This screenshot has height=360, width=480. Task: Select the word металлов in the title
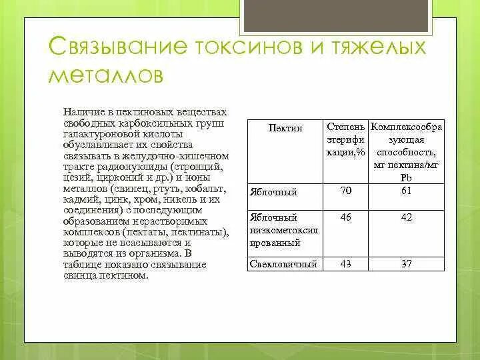tap(105, 75)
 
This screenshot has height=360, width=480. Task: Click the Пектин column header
tap(285, 127)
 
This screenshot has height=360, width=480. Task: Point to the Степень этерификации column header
tap(345, 139)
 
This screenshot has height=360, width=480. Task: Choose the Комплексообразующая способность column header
tap(407, 150)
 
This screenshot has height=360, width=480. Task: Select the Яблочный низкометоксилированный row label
tap(284, 230)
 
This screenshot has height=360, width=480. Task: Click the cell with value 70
tap(345, 191)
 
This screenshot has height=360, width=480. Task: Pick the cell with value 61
tap(407, 191)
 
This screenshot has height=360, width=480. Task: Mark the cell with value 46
tap(345, 217)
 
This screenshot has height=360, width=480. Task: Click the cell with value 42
tap(407, 217)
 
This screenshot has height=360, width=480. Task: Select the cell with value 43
tap(345, 264)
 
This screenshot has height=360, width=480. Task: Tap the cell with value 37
tap(407, 264)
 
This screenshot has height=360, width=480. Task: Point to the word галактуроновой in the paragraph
tap(95, 134)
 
